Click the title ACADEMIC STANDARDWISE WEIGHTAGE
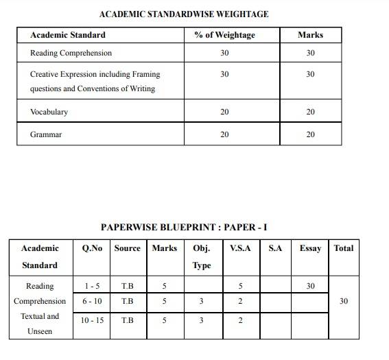[184, 14]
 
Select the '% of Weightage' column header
[224, 35]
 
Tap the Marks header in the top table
[310, 35]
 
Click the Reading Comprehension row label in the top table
[71, 53]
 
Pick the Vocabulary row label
[49, 112]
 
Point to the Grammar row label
[46, 134]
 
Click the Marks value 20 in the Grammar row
[310, 134]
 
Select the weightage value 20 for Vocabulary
[224, 112]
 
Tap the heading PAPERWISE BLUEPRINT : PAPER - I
[188, 227]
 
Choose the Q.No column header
[92, 248]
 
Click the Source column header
[127, 248]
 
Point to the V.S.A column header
[240, 248]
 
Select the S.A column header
[275, 248]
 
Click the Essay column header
[310, 248]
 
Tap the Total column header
[344, 248]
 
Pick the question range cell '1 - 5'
[92, 286]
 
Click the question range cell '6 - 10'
[92, 301]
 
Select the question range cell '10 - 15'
[92, 320]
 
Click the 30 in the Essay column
[310, 286]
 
